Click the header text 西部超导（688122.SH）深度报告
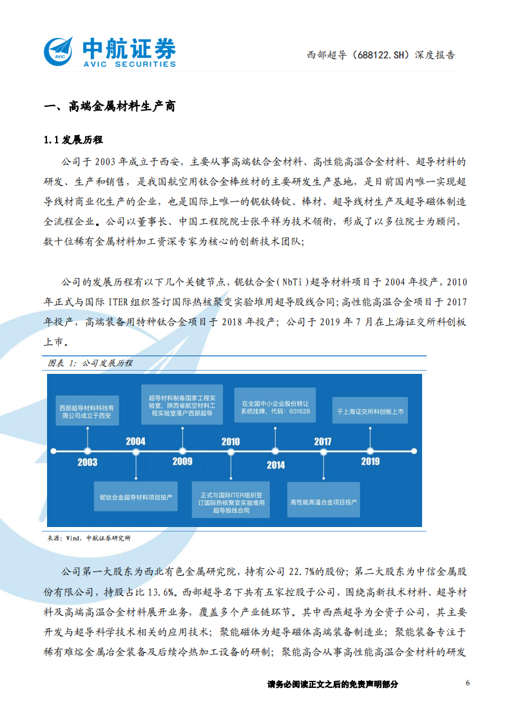381,55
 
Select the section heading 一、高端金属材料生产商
108,107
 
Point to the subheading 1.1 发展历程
73,140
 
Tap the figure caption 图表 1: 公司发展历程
90,363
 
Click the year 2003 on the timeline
87,462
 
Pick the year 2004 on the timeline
135,441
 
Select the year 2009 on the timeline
182,461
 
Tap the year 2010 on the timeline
230,441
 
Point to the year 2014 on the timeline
276,465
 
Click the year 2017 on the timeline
322,441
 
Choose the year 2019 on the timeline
370,461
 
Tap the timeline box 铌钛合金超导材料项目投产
135,497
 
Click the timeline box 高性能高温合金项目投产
323,501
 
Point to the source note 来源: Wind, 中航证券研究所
89,538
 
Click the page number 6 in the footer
468,683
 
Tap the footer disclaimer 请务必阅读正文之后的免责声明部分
332,684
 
